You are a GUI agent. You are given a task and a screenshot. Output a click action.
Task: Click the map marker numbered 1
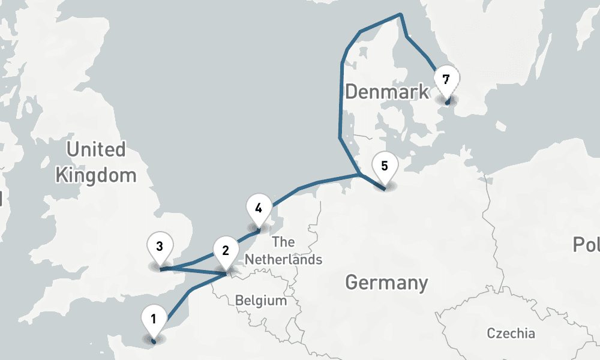[x=154, y=319]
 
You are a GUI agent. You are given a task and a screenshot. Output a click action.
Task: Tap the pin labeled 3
[x=160, y=246]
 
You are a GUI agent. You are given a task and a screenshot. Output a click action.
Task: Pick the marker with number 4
[x=259, y=209]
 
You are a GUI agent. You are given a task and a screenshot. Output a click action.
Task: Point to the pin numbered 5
[x=385, y=166]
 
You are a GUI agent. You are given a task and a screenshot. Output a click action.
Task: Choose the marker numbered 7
[x=445, y=79]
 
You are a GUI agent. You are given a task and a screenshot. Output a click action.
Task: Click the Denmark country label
[x=387, y=92]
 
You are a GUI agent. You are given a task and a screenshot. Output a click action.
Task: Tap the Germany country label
[x=387, y=282]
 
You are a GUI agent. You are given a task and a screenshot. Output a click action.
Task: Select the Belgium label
[x=261, y=300]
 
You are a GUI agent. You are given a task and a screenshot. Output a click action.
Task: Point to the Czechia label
[x=511, y=333]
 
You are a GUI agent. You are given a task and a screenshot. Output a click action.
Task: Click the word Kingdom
[x=96, y=175]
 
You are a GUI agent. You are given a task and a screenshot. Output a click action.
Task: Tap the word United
[x=96, y=149]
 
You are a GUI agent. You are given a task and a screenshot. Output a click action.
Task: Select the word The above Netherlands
[x=283, y=242]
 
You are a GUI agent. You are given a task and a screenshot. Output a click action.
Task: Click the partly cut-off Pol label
[x=586, y=244]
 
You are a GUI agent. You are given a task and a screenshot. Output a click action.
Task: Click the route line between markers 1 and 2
[x=191, y=291]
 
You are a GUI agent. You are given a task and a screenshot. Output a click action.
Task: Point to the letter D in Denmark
[x=352, y=92]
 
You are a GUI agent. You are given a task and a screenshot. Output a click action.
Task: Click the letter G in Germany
[x=353, y=282]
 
